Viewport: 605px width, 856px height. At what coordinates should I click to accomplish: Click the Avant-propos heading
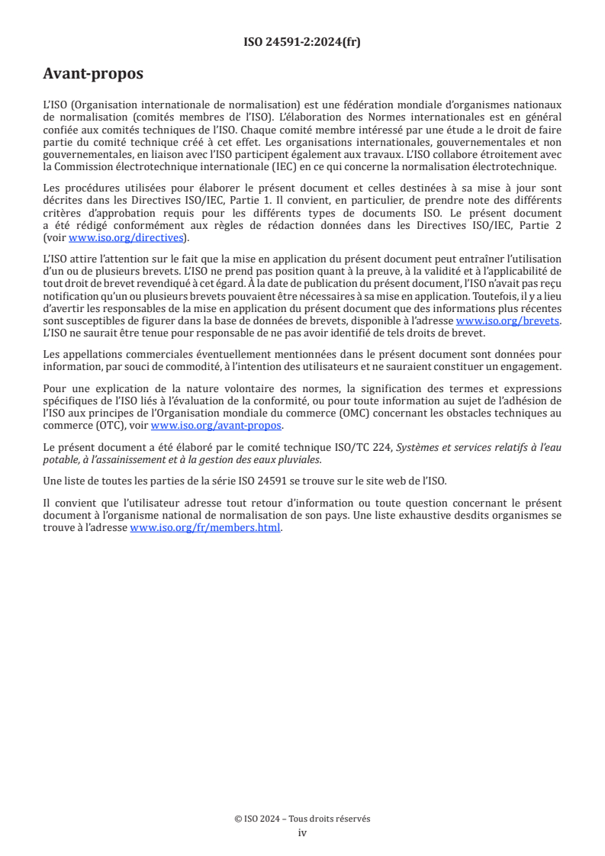click(93, 74)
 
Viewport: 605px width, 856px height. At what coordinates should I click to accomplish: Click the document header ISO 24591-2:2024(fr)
click(302, 42)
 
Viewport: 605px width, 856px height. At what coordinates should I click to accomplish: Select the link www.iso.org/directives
click(126, 237)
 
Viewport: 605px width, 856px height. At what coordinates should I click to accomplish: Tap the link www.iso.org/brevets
click(507, 322)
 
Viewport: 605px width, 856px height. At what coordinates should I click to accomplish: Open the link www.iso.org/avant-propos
click(216, 426)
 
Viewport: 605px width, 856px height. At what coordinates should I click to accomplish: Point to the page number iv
click(302, 832)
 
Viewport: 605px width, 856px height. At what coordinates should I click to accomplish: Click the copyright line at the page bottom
click(302, 819)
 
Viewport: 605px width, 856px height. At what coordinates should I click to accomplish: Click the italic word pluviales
click(298, 459)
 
